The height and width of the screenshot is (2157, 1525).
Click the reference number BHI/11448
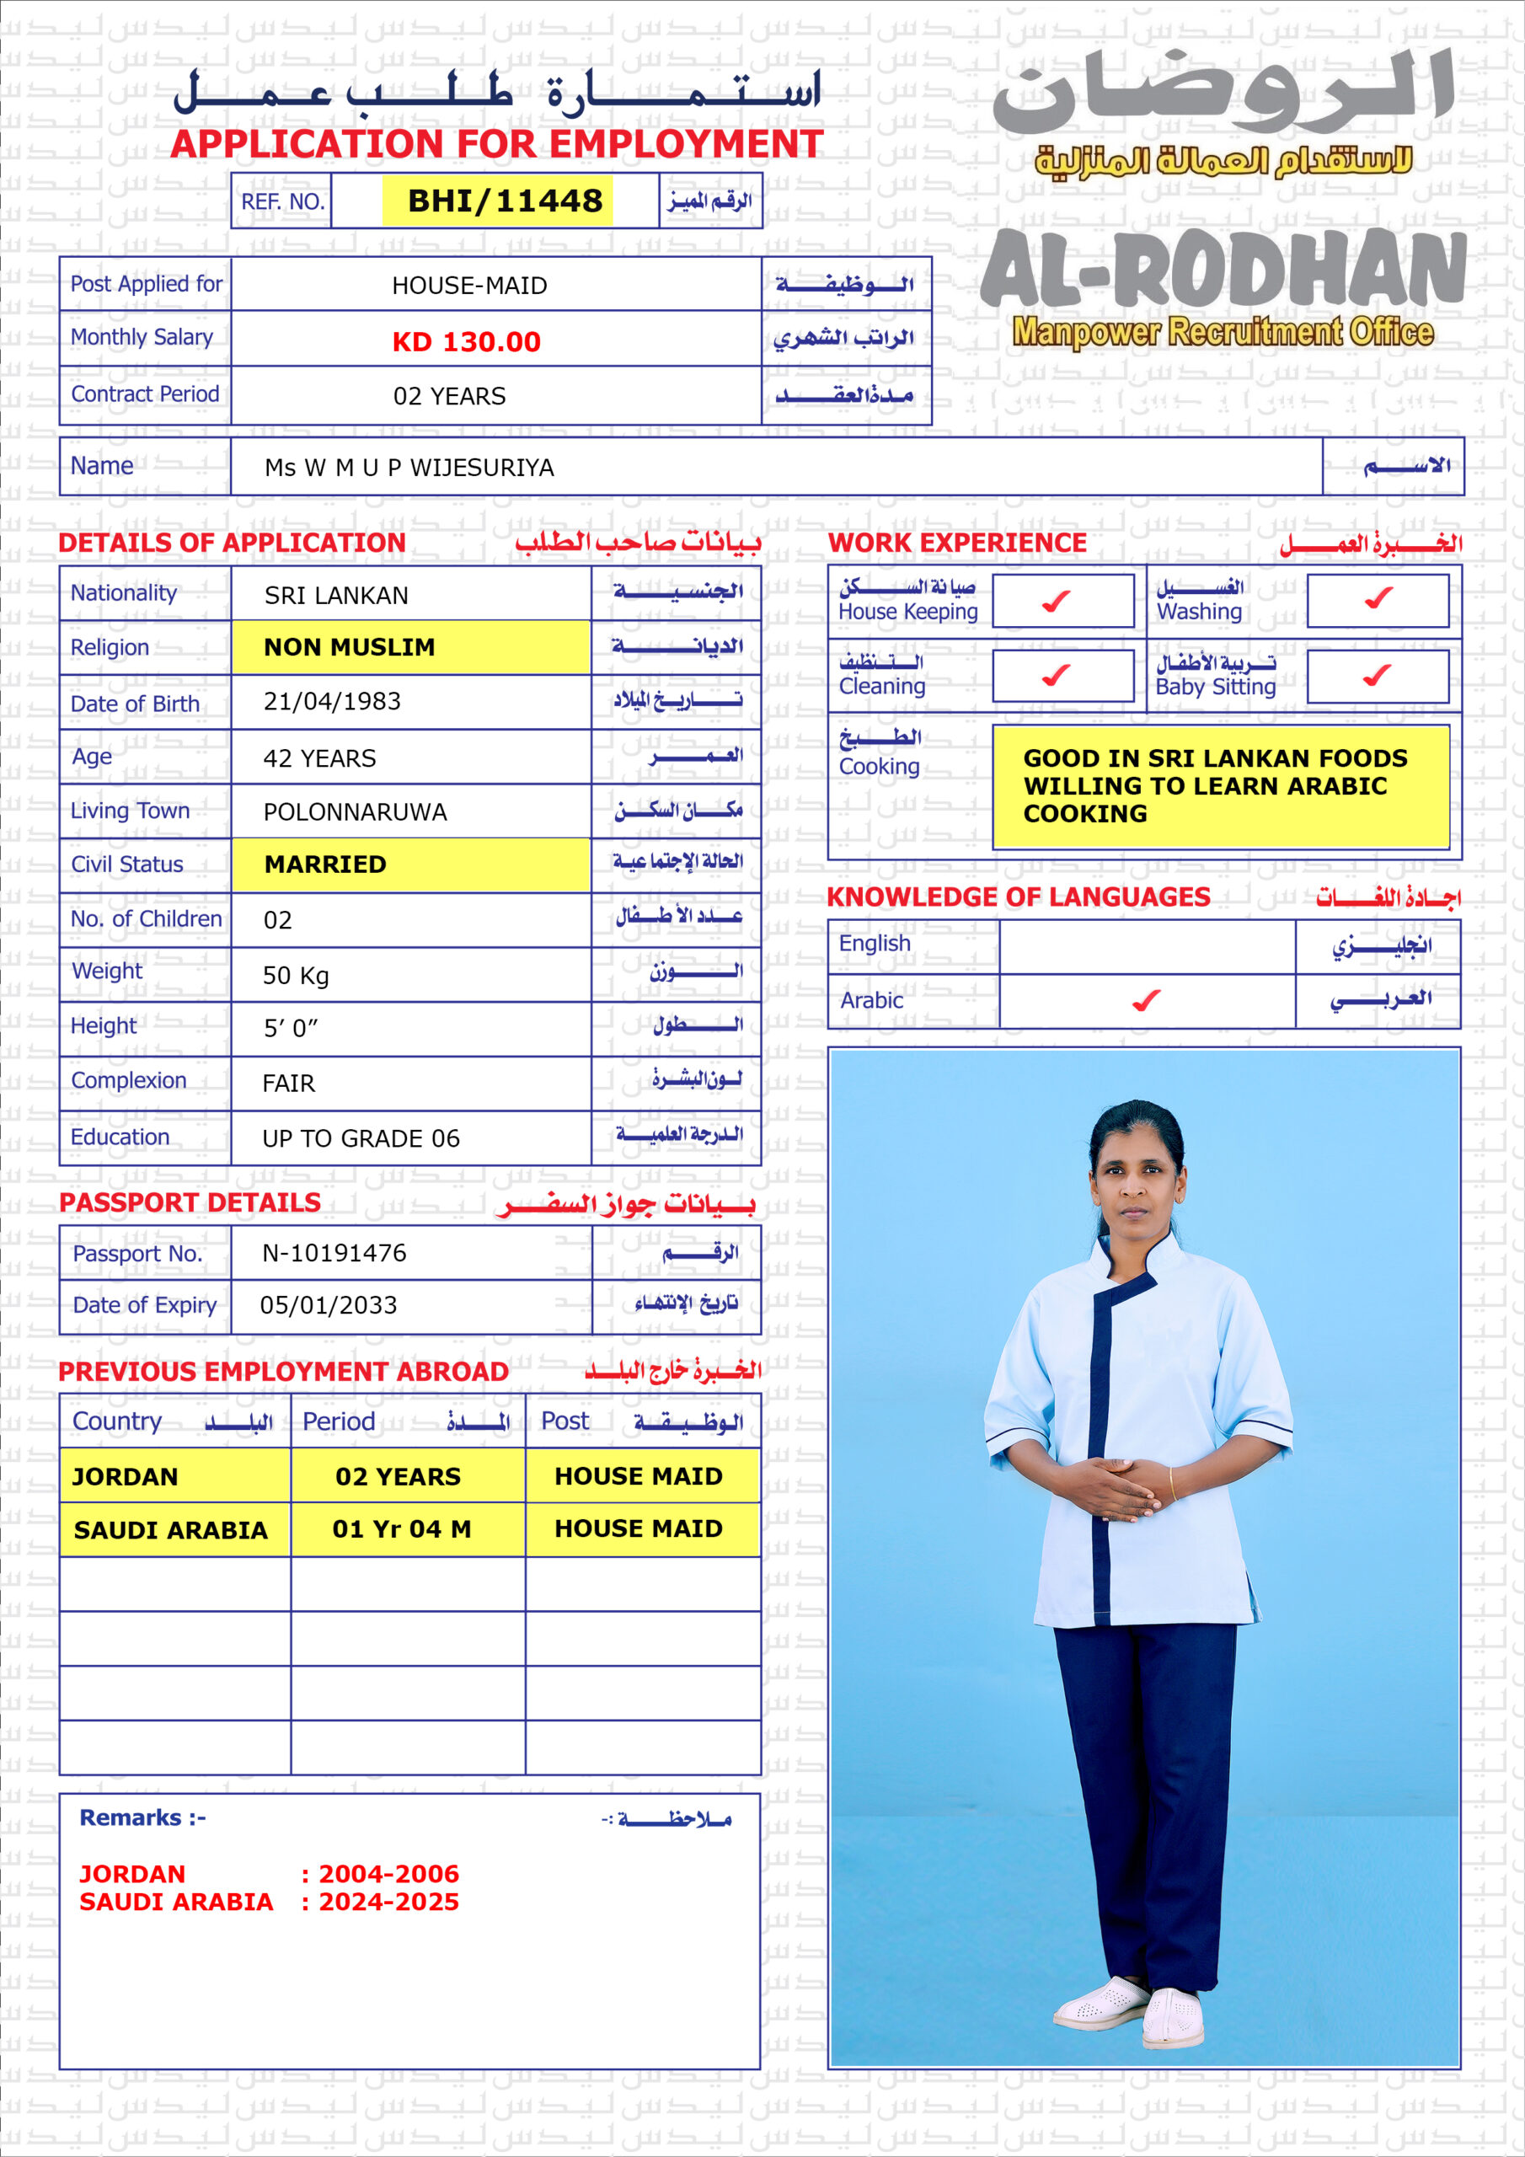click(x=505, y=201)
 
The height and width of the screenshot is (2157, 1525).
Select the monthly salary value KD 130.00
click(x=466, y=342)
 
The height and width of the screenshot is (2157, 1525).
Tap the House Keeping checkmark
click(x=1057, y=600)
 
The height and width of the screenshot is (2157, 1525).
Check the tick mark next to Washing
click(x=1378, y=597)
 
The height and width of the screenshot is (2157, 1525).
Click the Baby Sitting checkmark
click(x=1377, y=675)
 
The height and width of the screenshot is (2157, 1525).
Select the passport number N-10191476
click(x=334, y=1253)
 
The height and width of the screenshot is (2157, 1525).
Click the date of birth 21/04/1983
click(x=332, y=702)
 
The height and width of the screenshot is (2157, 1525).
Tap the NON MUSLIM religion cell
click(x=349, y=647)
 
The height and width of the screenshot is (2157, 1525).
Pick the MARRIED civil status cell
click(x=325, y=864)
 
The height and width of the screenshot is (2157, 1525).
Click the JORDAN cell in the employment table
click(x=125, y=1477)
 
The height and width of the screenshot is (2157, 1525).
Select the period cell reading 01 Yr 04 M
click(x=401, y=1529)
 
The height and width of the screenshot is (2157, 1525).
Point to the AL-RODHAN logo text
click(x=1223, y=270)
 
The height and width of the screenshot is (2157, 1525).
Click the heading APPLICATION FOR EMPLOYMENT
click(x=496, y=145)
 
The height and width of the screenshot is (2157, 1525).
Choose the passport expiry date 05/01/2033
click(x=328, y=1306)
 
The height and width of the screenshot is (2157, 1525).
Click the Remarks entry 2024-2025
click(x=388, y=1903)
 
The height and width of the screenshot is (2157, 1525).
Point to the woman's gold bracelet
click(x=1171, y=1484)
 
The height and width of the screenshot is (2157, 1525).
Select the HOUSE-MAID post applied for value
click(x=468, y=286)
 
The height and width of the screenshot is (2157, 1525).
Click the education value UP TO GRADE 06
click(x=361, y=1139)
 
